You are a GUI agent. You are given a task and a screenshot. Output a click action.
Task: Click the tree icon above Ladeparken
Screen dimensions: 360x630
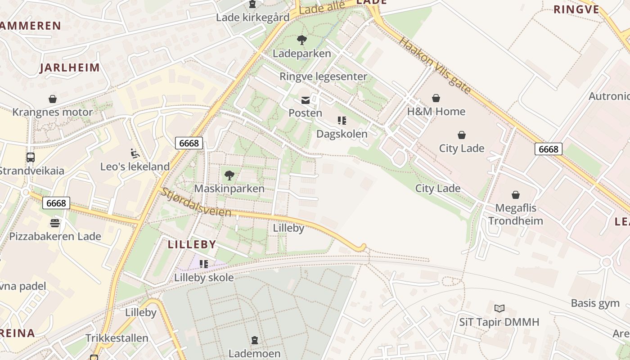(x=302, y=40)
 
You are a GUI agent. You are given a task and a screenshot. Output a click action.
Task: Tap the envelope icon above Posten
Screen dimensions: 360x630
(x=306, y=100)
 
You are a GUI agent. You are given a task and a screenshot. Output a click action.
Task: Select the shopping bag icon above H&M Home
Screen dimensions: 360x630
(x=436, y=98)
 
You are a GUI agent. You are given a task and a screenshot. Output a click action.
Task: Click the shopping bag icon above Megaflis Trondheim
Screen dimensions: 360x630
(x=516, y=195)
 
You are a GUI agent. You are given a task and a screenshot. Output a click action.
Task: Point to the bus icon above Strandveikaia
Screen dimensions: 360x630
(x=31, y=157)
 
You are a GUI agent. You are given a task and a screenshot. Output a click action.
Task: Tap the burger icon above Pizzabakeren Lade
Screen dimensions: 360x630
(x=55, y=223)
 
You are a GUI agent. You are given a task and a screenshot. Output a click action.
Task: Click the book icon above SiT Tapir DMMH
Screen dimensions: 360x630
(x=499, y=309)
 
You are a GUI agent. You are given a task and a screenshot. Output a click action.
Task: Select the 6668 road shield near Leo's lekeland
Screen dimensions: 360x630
(x=189, y=143)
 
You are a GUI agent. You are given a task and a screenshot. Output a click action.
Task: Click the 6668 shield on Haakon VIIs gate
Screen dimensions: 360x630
(x=548, y=149)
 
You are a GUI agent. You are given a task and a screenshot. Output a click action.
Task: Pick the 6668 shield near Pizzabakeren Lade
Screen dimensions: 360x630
(x=56, y=203)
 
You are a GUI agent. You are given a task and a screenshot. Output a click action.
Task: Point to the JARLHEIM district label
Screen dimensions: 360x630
(x=70, y=68)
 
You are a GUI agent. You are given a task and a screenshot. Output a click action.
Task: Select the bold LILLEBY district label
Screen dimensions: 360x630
(x=192, y=245)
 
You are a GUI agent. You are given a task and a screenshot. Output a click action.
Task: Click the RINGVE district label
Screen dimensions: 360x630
(x=576, y=9)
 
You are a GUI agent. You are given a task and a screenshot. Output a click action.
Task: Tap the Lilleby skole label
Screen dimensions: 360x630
(x=204, y=278)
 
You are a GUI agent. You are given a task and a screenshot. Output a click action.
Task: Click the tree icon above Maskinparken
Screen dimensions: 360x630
(x=229, y=175)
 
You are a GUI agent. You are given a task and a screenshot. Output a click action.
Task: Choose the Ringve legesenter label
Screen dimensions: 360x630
(x=323, y=76)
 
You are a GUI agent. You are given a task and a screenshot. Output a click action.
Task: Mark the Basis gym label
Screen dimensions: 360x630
(x=595, y=303)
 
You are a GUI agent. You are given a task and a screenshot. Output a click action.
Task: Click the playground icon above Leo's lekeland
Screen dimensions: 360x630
(x=135, y=153)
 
